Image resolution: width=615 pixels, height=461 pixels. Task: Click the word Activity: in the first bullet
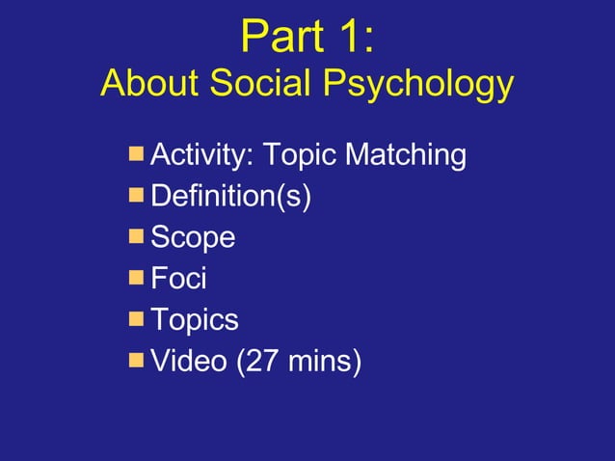pos(201,155)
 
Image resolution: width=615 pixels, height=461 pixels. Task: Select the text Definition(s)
pos(231,197)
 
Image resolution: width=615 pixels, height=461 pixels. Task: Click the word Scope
pos(193,237)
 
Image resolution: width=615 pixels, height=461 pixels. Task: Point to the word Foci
pos(178,279)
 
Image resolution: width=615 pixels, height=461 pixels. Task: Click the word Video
pos(187,362)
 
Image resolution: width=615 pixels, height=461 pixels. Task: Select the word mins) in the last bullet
pos(324,363)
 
